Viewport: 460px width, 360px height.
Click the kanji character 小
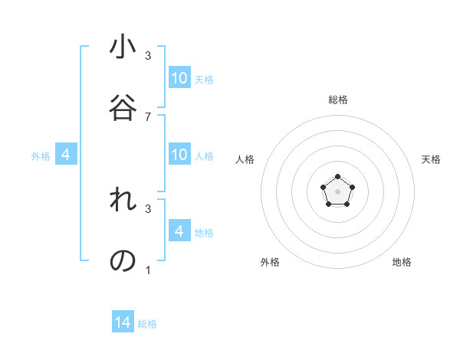123,47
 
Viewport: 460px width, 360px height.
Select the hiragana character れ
123,201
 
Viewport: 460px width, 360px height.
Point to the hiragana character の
123,261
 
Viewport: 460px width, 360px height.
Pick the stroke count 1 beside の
148,270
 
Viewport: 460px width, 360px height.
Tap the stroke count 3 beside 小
148,55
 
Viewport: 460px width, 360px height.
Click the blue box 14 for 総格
123,323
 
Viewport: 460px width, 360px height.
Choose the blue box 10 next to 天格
179,78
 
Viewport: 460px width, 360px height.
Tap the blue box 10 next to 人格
179,155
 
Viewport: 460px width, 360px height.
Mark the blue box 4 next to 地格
179,231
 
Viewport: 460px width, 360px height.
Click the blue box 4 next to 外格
66,155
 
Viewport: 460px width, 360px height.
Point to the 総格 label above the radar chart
338,100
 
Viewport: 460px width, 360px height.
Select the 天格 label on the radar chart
432,159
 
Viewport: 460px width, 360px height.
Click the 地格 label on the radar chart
402,262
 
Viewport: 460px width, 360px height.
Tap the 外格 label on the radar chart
270,262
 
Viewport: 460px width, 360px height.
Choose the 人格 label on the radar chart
245,159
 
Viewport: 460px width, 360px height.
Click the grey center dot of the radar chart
337,190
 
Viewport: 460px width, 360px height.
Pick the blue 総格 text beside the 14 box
147,324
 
